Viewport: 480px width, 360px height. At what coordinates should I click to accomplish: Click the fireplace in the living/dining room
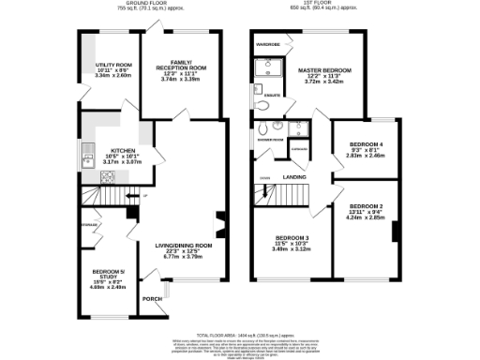(220, 225)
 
